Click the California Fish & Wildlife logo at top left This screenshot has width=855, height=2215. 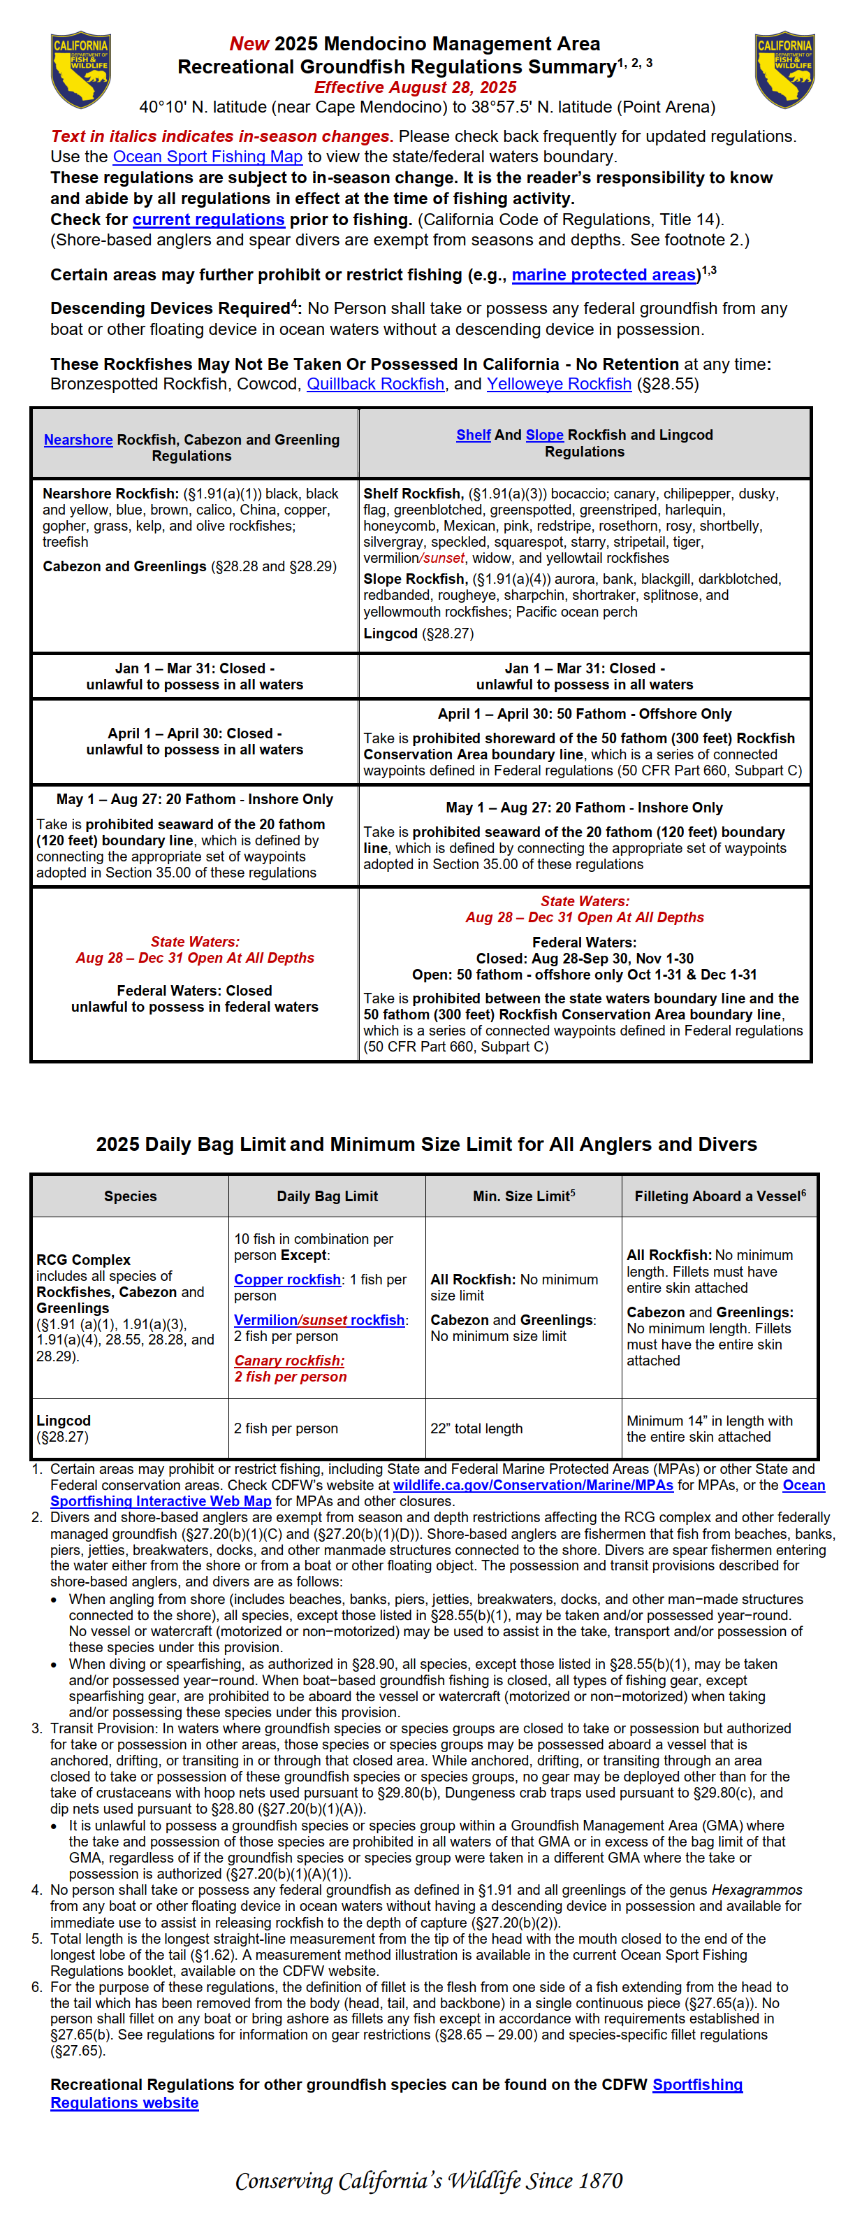(81, 70)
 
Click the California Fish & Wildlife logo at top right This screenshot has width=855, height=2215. (784, 70)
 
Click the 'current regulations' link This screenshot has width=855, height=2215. (208, 220)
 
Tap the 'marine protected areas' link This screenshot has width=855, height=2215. (604, 275)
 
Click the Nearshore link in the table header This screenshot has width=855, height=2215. (78, 439)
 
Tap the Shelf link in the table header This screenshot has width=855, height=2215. (473, 435)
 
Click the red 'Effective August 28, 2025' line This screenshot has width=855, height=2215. (415, 87)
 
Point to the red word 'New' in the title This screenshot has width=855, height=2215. (249, 44)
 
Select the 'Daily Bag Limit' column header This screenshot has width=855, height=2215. (326, 1196)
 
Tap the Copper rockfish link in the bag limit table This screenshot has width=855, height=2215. (287, 1279)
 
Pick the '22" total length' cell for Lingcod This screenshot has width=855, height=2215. (476, 1428)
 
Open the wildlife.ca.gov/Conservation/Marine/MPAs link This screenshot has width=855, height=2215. (533, 1485)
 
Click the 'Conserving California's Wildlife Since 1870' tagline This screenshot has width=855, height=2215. (428, 2181)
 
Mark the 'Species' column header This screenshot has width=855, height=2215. (130, 1196)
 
